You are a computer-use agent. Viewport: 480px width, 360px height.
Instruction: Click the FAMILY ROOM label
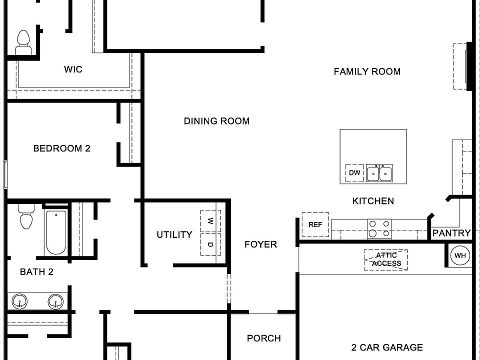pos(367,71)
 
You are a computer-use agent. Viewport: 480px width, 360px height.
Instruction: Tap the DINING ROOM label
pos(216,121)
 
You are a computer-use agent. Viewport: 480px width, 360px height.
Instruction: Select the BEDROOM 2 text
pos(61,148)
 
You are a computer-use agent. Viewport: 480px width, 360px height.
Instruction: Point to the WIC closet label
pos(73,69)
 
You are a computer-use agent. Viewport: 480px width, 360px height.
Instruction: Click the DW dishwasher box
pos(354,173)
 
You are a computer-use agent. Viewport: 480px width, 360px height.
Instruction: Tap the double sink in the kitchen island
pos(379,173)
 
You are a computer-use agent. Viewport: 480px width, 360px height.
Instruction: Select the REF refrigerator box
pos(315,225)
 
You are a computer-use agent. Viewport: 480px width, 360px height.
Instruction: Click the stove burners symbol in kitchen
pos(379,228)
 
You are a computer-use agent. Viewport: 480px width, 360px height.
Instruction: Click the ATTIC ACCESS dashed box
pos(385,260)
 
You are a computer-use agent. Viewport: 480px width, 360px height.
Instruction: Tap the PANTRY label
pos(451,233)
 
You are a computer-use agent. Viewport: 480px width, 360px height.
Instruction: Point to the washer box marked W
pos(210,220)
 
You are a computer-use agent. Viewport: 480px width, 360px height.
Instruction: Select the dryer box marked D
pos(210,244)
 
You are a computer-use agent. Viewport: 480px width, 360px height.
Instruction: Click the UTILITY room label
pos(174,234)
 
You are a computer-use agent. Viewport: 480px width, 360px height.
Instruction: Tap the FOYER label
pos(260,244)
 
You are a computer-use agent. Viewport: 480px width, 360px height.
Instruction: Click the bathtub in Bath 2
pos(55,233)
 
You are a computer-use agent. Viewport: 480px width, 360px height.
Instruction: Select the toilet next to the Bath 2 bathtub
pos(25,217)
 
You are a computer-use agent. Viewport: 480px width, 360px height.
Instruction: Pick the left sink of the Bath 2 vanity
pos(20,301)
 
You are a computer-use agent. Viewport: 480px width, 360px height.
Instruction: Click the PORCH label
pos(263,338)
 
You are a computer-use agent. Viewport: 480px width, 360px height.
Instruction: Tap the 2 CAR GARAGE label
pos(386,347)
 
